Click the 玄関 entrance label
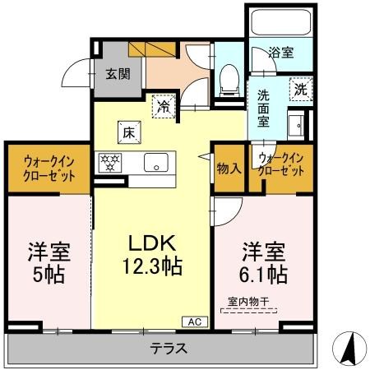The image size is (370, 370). (x=115, y=72)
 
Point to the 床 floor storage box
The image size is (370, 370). (x=128, y=130)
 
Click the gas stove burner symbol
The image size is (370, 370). (x=110, y=161)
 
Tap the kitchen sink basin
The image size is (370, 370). (x=155, y=163)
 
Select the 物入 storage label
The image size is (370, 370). (x=229, y=168)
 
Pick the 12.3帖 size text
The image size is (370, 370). (x=152, y=266)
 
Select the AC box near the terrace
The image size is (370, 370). (x=196, y=321)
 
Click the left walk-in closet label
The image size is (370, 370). (x=45, y=169)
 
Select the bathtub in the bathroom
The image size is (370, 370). (x=279, y=21)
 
